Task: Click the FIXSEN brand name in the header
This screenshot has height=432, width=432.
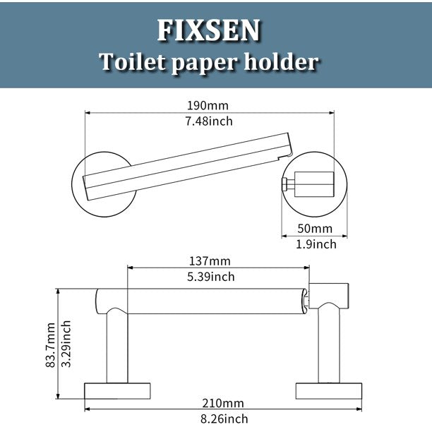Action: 208,30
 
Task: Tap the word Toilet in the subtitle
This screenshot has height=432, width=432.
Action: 133,61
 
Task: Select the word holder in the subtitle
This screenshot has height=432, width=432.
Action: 282,61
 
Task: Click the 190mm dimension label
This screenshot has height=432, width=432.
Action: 208,105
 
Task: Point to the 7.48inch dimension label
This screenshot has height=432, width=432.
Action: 209,121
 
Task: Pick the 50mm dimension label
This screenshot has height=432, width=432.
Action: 315,229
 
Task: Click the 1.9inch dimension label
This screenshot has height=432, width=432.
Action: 316,244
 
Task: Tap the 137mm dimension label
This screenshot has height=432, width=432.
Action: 210,261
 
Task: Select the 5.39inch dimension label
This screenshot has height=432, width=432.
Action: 211,277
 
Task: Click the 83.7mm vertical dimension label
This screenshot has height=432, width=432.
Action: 51,345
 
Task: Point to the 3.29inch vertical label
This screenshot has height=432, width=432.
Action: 66,344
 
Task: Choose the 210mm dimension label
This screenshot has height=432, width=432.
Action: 223,403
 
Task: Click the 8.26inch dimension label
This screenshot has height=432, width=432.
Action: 224,419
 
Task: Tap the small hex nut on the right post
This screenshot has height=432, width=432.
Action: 284,184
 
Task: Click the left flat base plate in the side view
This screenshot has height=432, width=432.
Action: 117,391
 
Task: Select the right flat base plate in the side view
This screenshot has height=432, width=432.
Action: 329,391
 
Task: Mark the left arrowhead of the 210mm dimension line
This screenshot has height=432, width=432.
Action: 87,409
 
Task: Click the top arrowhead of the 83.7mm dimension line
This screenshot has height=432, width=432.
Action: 58,292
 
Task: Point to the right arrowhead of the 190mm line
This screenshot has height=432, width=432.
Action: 332,112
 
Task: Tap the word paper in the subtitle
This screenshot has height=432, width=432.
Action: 205,63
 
